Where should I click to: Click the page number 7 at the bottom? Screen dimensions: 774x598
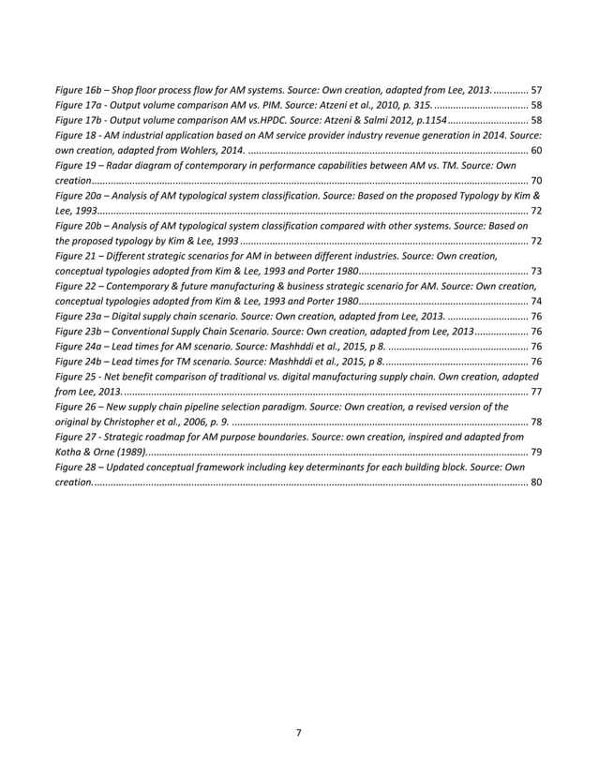click(298, 733)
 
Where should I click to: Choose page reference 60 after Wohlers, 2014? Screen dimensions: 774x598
click(535, 150)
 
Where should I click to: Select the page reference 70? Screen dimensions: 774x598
click(535, 181)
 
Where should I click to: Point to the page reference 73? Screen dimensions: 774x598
click(535, 271)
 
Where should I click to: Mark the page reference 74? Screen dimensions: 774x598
click(535, 302)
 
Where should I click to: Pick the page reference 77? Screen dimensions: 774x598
click(535, 392)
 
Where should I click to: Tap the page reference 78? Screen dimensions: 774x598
click(535, 423)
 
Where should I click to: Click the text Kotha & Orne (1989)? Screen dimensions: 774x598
click(101, 453)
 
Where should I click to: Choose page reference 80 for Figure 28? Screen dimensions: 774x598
click(535, 483)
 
